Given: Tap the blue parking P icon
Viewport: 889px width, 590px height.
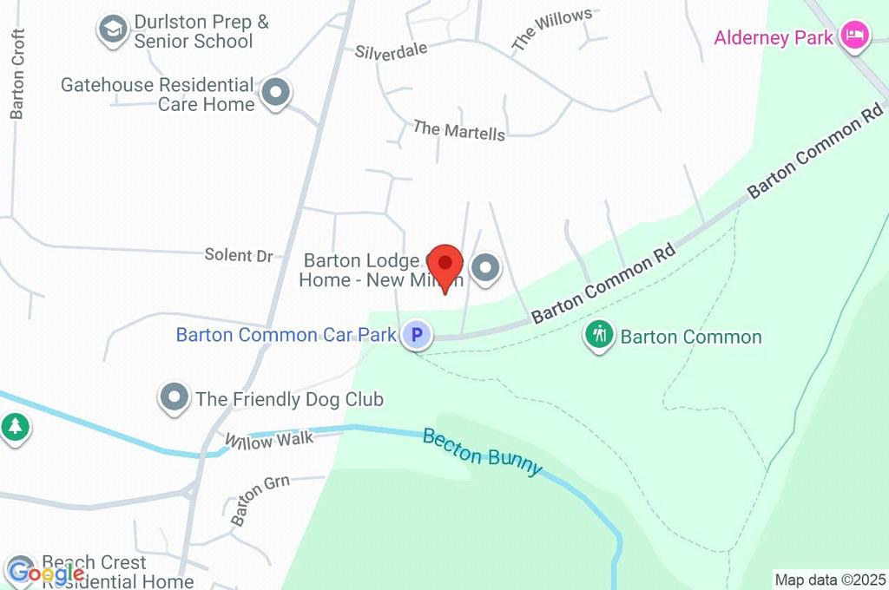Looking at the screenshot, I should pos(417,335).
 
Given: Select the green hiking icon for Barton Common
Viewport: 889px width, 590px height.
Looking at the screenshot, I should pos(599,335).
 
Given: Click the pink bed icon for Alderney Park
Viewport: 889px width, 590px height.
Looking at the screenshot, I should pos(855,36).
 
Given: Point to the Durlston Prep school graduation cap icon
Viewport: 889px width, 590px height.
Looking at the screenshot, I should pos(112,29).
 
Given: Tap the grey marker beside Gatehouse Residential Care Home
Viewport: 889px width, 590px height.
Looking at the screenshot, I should pos(276,92).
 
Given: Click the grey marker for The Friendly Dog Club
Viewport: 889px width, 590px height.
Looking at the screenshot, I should pos(175,398).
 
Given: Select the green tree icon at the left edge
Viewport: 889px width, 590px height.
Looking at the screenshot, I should pos(15,426).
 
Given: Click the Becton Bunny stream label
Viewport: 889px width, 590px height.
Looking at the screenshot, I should pos(482,451).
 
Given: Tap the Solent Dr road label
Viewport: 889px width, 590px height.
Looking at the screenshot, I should pos(239,255).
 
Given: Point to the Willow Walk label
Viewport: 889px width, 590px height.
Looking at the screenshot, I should pos(268,441).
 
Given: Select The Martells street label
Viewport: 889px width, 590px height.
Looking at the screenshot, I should pos(458,130).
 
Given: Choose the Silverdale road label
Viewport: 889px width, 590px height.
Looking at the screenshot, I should pos(391,50).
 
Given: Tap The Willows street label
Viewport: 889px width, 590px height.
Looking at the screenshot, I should pos(551,28).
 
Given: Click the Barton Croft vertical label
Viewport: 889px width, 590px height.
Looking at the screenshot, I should pos(17,74).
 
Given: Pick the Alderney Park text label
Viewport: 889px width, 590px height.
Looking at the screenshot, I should pos(774,37).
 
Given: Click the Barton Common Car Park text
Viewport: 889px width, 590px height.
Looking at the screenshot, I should pos(286,335).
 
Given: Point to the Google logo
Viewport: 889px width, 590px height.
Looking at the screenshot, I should pos(45,573).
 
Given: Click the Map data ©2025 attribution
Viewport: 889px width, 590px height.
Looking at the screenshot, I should pos(830,580).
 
